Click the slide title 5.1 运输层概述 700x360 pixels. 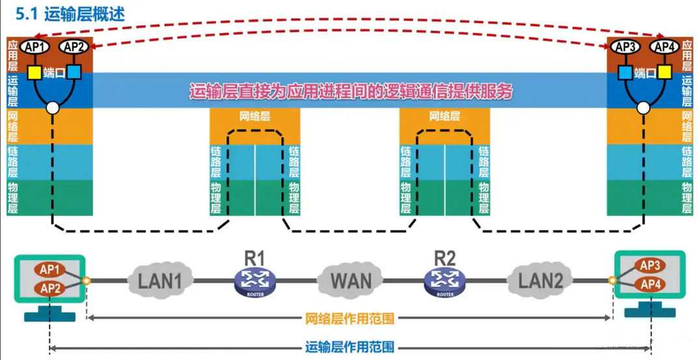point(70,14)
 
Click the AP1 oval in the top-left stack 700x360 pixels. point(35,46)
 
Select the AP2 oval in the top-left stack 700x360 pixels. point(74,46)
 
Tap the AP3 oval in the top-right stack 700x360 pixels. point(626,46)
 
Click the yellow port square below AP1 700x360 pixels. point(35,73)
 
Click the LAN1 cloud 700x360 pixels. point(160,280)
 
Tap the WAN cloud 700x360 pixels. point(350,280)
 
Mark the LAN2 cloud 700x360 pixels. point(540,280)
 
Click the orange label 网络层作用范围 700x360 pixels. point(350,318)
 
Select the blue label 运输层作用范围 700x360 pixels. point(350,347)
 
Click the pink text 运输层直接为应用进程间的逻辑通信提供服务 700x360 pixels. point(351,91)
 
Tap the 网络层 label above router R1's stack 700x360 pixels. point(255,117)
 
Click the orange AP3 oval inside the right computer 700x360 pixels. point(650,266)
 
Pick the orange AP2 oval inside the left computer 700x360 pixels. point(50,288)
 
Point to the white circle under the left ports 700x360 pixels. point(53,108)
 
